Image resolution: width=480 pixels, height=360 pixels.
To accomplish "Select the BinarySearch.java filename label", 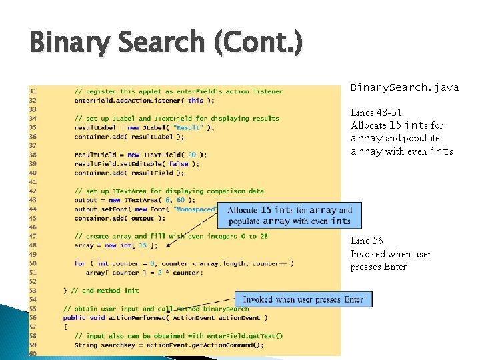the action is tap(404, 87).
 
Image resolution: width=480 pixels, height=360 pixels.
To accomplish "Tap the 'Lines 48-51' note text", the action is tap(376, 112).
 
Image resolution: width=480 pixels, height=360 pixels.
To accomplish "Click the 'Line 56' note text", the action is tap(367, 241).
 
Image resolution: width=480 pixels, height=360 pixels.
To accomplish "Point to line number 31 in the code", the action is tap(33, 91).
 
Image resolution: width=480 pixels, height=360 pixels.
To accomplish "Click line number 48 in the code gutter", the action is tap(33, 245).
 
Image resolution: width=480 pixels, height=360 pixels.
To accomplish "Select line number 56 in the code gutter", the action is tap(33, 318).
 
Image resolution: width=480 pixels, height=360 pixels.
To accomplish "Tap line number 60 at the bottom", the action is tap(33, 354).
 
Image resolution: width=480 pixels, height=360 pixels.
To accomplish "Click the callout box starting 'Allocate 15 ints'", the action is tap(289, 215).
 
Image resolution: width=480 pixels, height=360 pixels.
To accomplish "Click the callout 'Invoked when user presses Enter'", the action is tap(303, 299).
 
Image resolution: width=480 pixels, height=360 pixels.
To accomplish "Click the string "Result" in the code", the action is tap(189, 127).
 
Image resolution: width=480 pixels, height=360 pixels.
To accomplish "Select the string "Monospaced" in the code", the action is tap(195, 209).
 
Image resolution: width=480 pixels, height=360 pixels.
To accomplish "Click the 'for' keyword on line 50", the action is tap(79, 263).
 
